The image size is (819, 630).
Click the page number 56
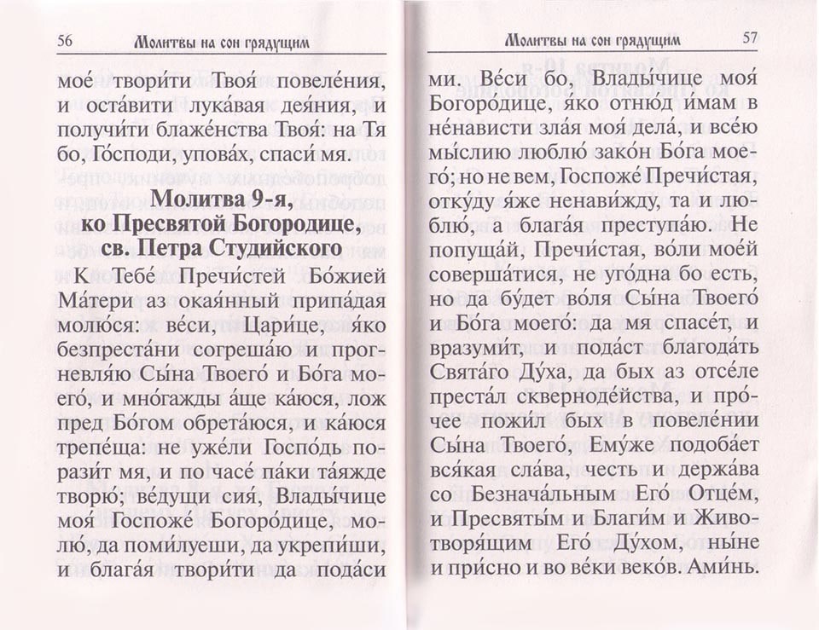(66, 39)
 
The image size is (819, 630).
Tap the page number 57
(750, 38)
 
